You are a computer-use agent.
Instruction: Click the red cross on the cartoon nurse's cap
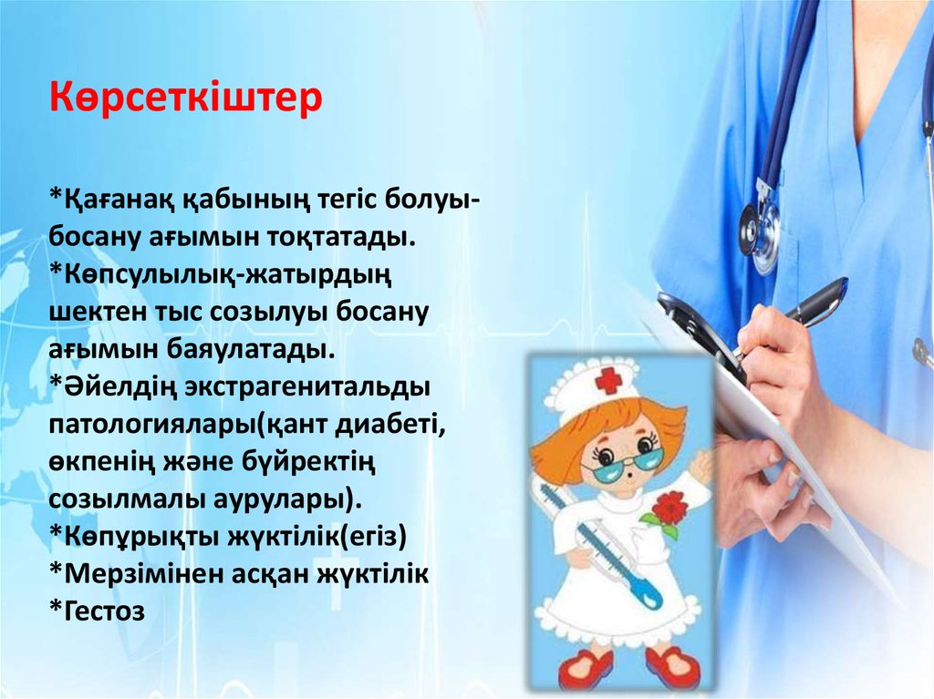[x=607, y=381]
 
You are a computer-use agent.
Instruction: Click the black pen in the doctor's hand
[x=803, y=310]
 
